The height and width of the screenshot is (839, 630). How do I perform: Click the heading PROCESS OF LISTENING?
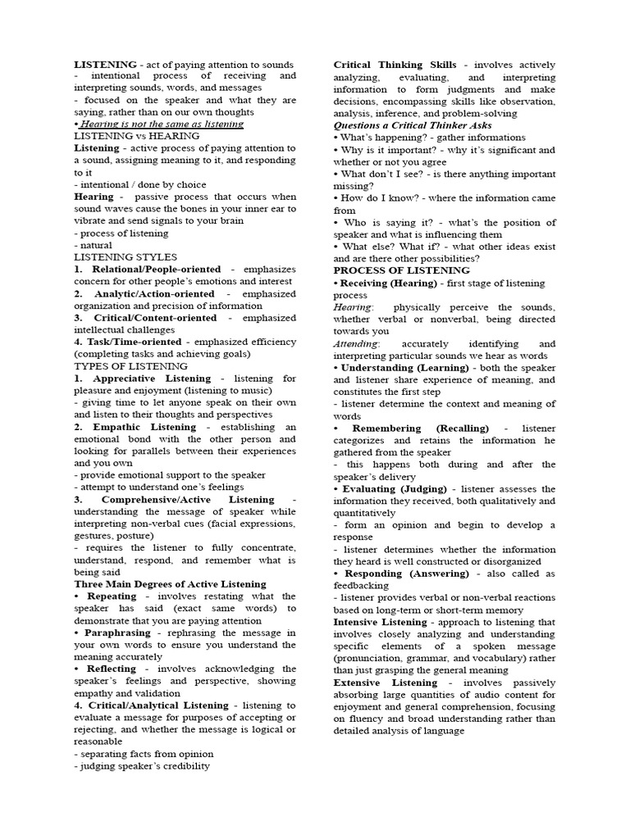[x=402, y=270]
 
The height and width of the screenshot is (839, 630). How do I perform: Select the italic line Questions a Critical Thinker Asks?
[x=413, y=125]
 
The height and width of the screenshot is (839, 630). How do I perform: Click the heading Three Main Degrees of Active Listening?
[x=170, y=583]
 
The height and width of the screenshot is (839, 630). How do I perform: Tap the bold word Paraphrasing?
[x=116, y=633]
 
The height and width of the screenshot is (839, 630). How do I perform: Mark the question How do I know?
[x=375, y=198]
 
